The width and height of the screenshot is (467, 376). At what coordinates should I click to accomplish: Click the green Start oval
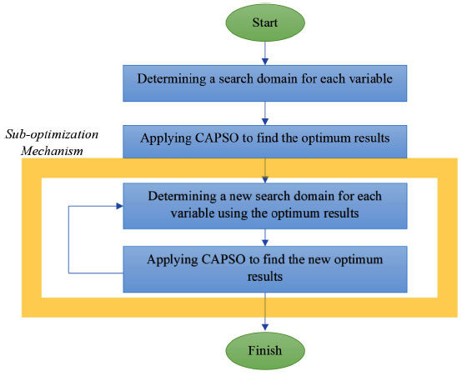pyautogui.click(x=265, y=23)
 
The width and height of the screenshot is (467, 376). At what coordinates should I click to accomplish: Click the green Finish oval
pyautogui.click(x=265, y=351)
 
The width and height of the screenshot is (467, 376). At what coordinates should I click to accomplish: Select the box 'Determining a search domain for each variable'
pyautogui.click(x=265, y=83)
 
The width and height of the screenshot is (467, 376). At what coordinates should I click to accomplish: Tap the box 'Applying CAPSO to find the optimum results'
pyautogui.click(x=265, y=142)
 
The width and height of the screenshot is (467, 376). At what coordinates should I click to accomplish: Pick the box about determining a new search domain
pyautogui.click(x=265, y=206)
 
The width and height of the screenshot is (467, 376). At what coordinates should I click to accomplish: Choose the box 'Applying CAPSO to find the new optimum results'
pyautogui.click(x=265, y=269)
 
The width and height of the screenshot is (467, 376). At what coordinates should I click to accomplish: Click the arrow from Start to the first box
pyautogui.click(x=265, y=53)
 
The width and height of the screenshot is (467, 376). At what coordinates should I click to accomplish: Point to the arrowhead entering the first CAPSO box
pyautogui.click(x=265, y=122)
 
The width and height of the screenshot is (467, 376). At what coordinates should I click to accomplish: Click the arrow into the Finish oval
pyautogui.click(x=265, y=312)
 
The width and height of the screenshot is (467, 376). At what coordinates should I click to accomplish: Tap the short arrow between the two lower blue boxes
pyautogui.click(x=265, y=238)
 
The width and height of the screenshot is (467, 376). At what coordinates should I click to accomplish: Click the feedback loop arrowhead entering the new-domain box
pyautogui.click(x=119, y=206)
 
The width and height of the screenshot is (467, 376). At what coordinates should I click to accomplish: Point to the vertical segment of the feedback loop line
pyautogui.click(x=68, y=239)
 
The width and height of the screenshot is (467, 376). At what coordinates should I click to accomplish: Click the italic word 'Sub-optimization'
pyautogui.click(x=52, y=134)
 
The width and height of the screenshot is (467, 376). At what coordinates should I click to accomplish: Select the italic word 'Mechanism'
pyautogui.click(x=52, y=151)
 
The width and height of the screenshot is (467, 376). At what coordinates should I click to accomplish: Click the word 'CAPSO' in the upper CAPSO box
pyautogui.click(x=217, y=138)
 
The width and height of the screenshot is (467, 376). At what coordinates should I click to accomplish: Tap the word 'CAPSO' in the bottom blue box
pyautogui.click(x=223, y=259)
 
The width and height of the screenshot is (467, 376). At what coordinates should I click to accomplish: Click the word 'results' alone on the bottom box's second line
pyautogui.click(x=265, y=277)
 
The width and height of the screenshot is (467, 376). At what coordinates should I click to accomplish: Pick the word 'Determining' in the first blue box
pyautogui.click(x=172, y=79)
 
